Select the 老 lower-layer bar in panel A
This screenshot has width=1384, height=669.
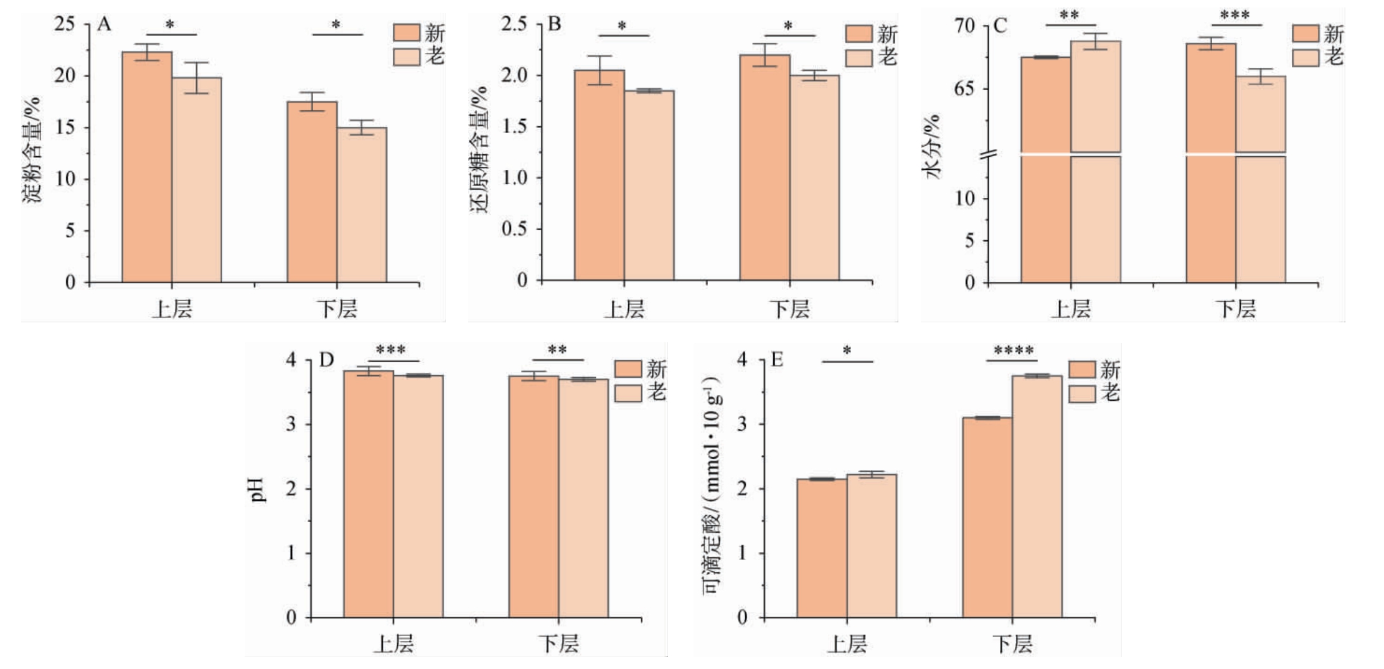tap(362, 205)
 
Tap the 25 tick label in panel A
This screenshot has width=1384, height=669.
tap(64, 24)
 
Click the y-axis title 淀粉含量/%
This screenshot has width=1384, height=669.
tap(32, 149)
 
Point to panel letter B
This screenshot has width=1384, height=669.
tap(554, 24)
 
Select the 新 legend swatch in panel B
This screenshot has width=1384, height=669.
tap(858, 34)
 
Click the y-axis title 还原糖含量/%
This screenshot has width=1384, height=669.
tap(479, 149)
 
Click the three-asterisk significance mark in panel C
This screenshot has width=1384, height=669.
tap(1235, 15)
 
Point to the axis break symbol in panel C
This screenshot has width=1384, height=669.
tap(988, 154)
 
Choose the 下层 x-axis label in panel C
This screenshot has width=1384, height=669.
tap(1236, 309)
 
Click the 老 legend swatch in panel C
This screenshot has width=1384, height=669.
tap(1305, 57)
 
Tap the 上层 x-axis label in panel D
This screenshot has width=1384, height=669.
tap(393, 643)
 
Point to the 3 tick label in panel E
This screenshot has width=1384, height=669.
tap(742, 424)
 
